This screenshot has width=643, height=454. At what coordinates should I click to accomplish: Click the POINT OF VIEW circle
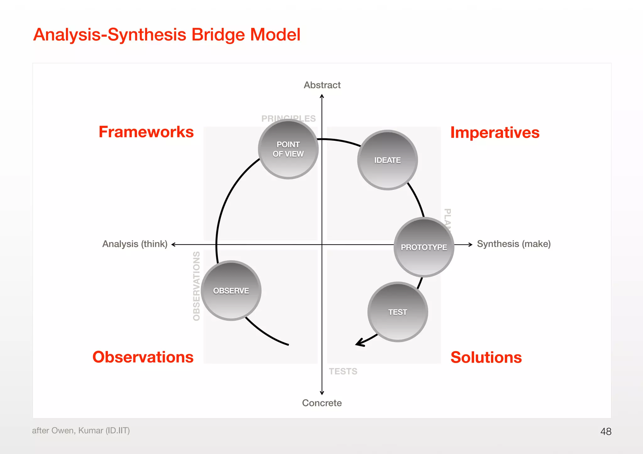click(288, 149)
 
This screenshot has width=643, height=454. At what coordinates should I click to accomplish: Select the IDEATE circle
click(387, 160)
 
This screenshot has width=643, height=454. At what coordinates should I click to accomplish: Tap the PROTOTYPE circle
click(424, 247)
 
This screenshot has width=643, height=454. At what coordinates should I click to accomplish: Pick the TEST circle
click(397, 312)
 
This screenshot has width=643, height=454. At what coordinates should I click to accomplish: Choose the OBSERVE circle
click(231, 291)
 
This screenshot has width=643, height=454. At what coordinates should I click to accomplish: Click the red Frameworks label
click(146, 132)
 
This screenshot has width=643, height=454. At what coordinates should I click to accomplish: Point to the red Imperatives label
click(495, 133)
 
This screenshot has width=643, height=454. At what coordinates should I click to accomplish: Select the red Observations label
click(143, 357)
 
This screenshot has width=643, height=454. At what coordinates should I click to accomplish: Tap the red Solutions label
click(486, 357)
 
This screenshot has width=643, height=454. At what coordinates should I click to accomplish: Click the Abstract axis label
click(322, 85)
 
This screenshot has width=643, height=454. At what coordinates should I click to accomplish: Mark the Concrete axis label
click(322, 403)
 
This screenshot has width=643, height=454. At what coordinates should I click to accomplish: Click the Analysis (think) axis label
click(135, 244)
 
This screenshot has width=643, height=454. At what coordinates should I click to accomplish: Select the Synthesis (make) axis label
click(514, 244)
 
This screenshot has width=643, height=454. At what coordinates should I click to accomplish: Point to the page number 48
click(606, 431)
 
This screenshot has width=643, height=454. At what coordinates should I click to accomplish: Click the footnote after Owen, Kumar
click(81, 430)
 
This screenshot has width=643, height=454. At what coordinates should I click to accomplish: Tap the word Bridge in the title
click(218, 34)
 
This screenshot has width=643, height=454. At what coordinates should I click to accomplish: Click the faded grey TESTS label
click(343, 371)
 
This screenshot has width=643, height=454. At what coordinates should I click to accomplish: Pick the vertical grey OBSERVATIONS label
click(197, 286)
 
